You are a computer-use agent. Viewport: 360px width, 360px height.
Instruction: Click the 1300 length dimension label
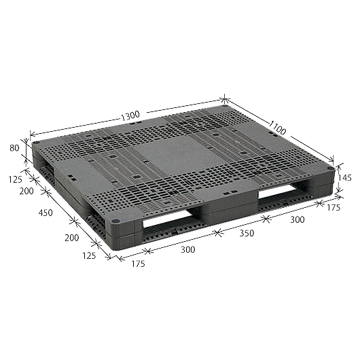click(x=130, y=116)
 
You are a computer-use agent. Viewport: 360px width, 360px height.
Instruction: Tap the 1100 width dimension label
click(x=277, y=128)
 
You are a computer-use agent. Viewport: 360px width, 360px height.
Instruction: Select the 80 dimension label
click(x=14, y=148)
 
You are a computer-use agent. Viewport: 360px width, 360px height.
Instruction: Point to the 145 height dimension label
click(x=345, y=177)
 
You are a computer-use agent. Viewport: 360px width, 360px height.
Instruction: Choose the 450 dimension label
click(x=46, y=213)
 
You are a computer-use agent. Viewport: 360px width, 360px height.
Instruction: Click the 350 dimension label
click(x=247, y=233)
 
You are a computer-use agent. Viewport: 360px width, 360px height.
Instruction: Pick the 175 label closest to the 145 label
click(x=334, y=208)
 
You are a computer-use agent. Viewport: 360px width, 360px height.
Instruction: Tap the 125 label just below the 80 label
click(x=16, y=179)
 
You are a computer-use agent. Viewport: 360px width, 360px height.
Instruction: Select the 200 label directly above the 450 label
click(x=26, y=191)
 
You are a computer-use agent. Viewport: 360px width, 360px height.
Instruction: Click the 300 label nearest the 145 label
click(x=298, y=219)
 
